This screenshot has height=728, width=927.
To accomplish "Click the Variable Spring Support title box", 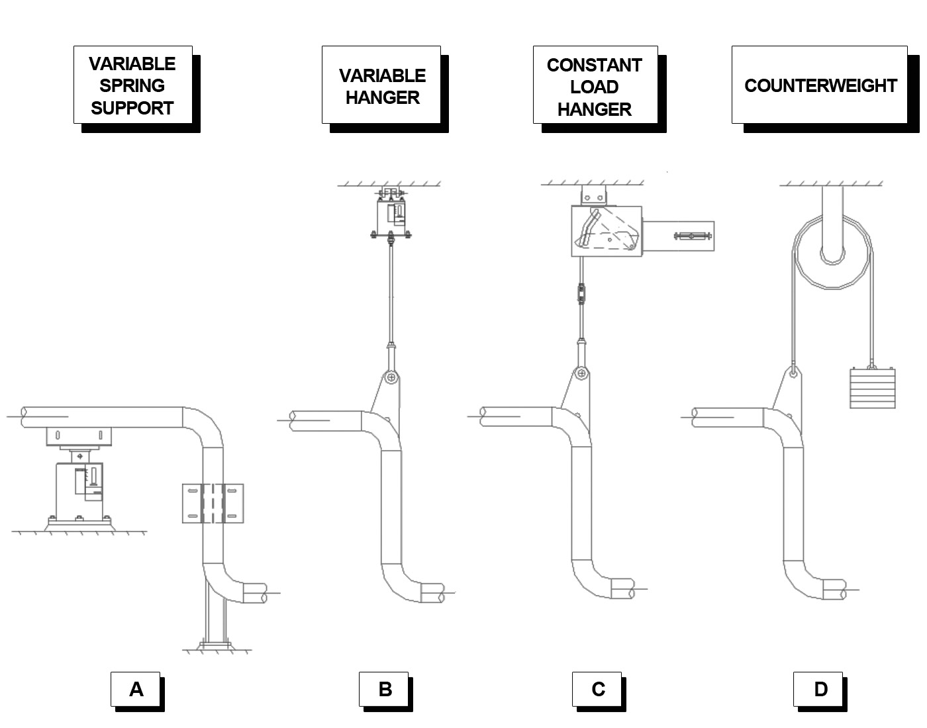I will (x=132, y=85).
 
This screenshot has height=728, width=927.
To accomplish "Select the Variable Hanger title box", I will (x=381, y=85).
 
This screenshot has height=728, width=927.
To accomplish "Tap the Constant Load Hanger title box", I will (x=595, y=85).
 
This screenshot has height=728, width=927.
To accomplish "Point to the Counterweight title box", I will (x=820, y=85).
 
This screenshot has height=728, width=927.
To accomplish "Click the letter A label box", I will (x=136, y=689).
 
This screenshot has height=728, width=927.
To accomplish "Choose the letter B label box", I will (x=384, y=689).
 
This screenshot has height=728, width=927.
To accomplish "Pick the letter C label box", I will (x=597, y=689).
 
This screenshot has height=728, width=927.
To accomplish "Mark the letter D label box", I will (x=819, y=689).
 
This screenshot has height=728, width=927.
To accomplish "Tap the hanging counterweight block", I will (x=872, y=388).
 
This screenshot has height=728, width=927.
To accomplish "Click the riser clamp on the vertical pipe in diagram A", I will (x=213, y=504).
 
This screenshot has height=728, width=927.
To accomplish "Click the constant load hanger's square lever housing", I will (x=606, y=231).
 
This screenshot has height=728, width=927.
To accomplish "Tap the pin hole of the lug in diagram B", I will (x=392, y=378).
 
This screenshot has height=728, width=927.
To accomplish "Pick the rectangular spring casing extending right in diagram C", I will (x=679, y=236).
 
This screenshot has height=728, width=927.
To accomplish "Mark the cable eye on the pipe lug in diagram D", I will (x=793, y=371).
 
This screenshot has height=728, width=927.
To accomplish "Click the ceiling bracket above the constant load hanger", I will (x=593, y=196).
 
